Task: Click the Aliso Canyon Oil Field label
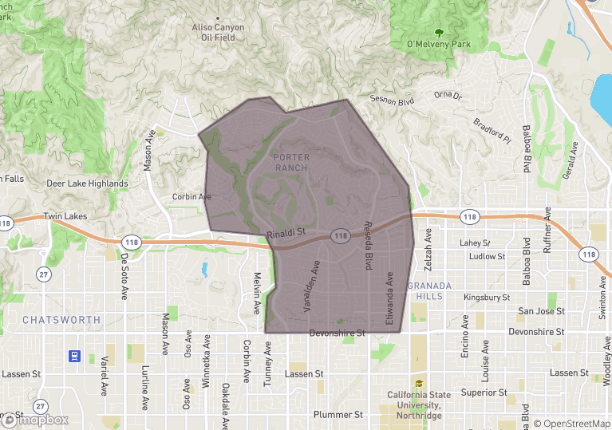pos(218,32)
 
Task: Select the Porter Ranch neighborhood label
pos(291,162)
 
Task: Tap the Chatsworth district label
pos(61,320)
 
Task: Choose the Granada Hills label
pos(430,290)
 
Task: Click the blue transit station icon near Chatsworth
pos(73,356)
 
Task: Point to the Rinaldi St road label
pos(287,233)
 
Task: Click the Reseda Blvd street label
pos(369,245)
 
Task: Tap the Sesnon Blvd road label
pos(392,101)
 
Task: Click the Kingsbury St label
pos(486,298)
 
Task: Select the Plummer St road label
pos(338,415)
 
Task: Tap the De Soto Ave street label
pos(124,276)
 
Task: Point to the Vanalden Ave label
pos(311,286)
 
